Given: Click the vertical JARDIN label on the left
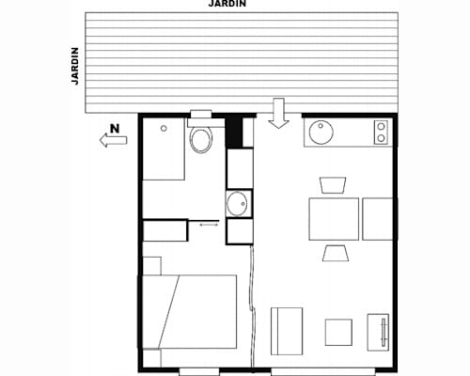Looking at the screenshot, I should point(75,64).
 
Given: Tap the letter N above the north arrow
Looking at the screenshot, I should point(114,128).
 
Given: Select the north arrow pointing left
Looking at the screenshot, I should point(113,141).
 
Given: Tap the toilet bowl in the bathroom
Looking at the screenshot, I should point(200,140).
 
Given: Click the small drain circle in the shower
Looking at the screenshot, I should point(164,127).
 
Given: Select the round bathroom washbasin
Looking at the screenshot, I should point(237,202).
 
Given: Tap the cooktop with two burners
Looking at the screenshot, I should point(381,133).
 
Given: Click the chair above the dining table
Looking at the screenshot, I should point(334,183).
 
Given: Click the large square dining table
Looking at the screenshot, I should point(334,218).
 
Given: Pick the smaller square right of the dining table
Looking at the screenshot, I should point(378,218).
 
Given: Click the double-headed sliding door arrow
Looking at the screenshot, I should point(207,224).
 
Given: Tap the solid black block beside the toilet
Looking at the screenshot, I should point(236,132).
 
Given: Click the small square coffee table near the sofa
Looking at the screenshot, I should point(338,332).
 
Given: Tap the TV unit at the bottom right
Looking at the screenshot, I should point(381,332).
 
